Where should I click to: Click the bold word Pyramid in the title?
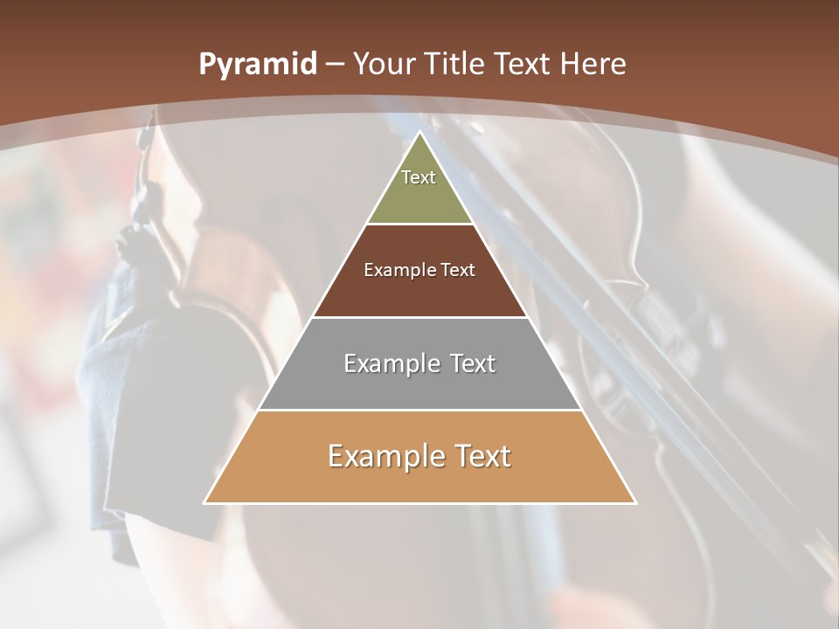coord(258,65)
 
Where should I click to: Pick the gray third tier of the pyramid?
coord(419,384)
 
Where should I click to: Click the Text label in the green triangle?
coord(419,177)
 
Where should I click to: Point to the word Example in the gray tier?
coord(392,363)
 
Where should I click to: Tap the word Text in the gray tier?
coord(472,363)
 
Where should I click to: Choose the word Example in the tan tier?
coord(385,456)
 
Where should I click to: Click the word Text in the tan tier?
coord(482,456)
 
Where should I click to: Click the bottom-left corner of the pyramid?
coord(205,503)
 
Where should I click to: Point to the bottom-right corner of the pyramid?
coord(635,503)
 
